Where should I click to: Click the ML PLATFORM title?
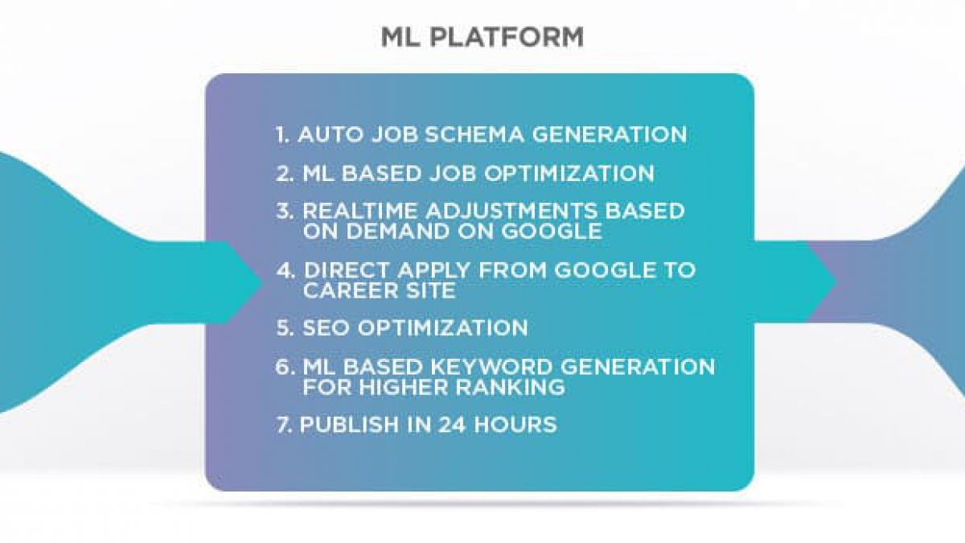(x=482, y=37)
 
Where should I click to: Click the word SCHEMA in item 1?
(x=474, y=134)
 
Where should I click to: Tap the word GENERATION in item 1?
(x=610, y=134)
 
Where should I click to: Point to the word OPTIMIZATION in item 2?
(x=569, y=174)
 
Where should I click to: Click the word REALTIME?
(x=360, y=211)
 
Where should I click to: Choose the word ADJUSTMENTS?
(x=511, y=211)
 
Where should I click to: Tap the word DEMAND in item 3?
(x=398, y=232)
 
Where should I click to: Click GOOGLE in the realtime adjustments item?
(x=552, y=232)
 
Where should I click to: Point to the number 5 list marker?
(x=285, y=328)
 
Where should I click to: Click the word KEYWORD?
(x=491, y=367)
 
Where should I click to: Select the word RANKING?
(x=511, y=388)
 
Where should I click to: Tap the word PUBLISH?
(x=349, y=425)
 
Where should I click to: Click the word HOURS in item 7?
(x=515, y=425)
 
